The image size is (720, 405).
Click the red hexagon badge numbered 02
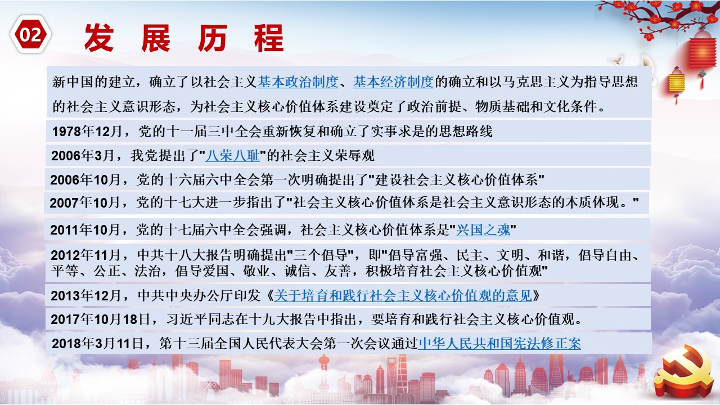(30, 34)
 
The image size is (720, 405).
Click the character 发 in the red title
(99, 38)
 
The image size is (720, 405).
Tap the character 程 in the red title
(269, 38)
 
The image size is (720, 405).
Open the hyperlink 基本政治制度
(298, 82)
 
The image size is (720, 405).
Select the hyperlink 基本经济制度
(393, 82)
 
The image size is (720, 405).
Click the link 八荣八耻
(232, 156)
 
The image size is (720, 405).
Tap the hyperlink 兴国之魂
(483, 230)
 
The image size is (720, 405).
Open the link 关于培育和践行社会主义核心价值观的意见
(403, 295)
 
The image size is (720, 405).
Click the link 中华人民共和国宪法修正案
(499, 344)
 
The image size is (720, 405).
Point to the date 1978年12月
(87, 132)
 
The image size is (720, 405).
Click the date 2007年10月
(84, 203)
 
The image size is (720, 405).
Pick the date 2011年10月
(85, 230)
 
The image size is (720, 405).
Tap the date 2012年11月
(85, 255)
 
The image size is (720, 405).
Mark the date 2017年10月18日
(100, 319)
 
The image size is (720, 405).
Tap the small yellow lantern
(676, 83)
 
